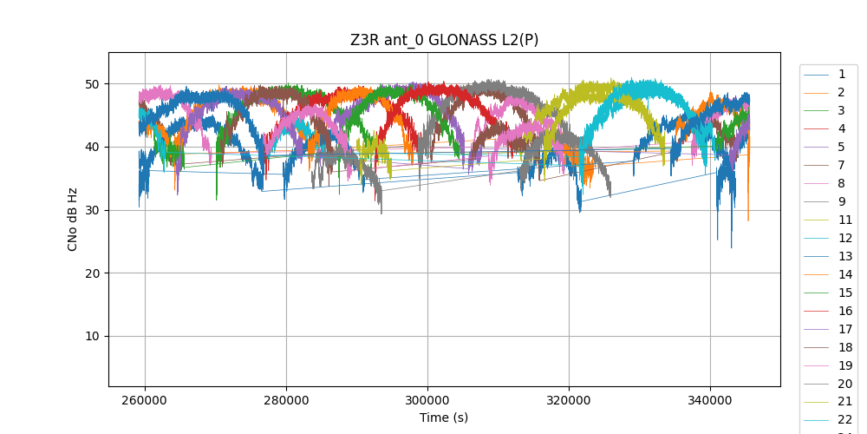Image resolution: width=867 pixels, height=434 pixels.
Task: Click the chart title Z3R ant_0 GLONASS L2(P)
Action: click(444, 40)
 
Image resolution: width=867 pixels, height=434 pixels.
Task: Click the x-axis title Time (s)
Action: click(444, 418)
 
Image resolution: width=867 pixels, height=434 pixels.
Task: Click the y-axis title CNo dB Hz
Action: click(73, 220)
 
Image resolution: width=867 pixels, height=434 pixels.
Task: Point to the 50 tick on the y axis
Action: click(91, 84)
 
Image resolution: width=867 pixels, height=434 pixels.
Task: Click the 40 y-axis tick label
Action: click(91, 148)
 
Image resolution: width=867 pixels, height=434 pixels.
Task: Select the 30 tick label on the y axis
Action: click(91, 210)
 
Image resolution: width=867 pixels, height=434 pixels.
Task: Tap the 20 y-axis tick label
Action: click(91, 273)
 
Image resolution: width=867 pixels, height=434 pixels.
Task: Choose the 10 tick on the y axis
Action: click(91, 337)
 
